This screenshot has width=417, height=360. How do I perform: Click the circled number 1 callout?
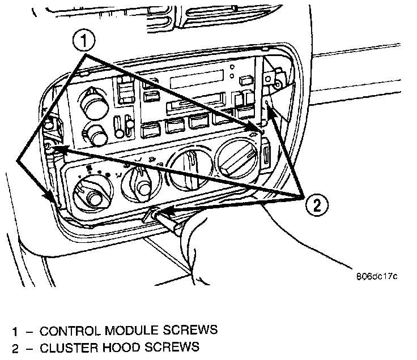point(84,41)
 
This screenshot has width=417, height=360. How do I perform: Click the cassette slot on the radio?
point(194,105)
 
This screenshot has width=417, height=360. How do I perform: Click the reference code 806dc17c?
point(377,277)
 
